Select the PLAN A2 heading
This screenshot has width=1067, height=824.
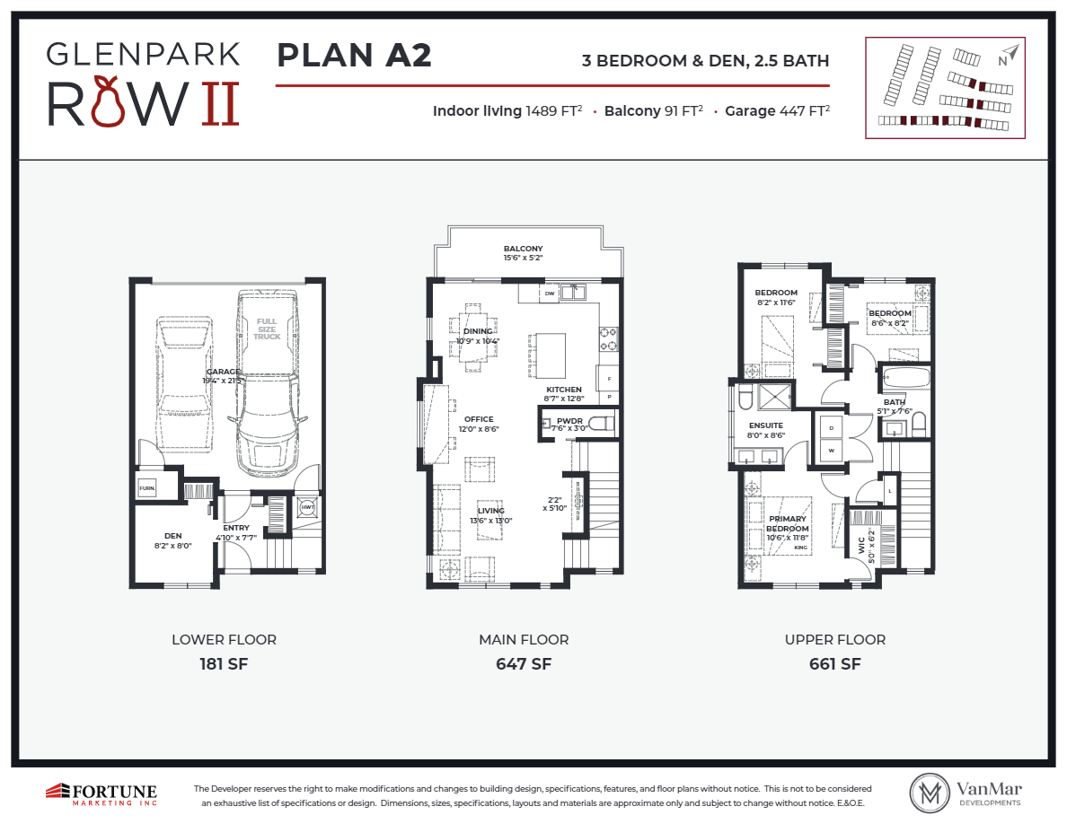point(354,56)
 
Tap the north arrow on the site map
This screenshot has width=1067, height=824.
point(1010,56)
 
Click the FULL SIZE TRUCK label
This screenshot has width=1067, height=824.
point(267,329)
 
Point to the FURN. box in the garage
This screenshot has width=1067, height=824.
point(146,489)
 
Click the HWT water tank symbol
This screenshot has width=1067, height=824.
point(308,507)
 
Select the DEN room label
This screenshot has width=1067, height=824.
point(172,536)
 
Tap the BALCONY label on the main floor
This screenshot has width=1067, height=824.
point(523,249)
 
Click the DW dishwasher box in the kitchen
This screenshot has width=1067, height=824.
point(550,293)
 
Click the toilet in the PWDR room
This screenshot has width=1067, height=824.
point(604,423)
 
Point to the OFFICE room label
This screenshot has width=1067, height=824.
point(479,419)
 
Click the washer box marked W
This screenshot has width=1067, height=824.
point(831,450)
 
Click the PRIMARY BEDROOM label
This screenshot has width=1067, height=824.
point(787,523)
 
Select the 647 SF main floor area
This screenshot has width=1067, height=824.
point(523,664)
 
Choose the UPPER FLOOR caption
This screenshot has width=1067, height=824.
point(834,640)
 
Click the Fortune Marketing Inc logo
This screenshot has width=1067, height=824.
point(101,793)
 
